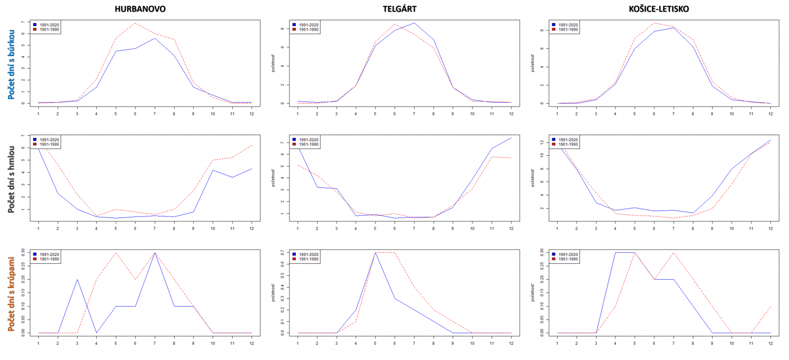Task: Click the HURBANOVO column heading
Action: [x=140, y=9]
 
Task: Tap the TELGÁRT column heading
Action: [x=399, y=9]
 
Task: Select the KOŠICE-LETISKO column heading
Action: [x=659, y=9]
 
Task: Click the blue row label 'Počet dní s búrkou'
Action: [x=11, y=65]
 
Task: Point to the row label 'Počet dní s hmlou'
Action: [x=11, y=180]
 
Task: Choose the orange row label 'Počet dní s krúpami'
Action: [x=11, y=294]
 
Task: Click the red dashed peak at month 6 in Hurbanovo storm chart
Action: [x=135, y=23]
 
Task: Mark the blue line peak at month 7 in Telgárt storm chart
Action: [x=414, y=23]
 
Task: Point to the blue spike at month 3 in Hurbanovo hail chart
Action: [x=77, y=280]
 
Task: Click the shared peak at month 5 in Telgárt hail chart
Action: [x=375, y=252]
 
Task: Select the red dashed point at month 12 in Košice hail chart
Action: [x=770, y=307]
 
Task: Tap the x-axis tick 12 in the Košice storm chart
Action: [x=770, y=114]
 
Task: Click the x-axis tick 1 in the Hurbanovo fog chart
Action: [x=38, y=228]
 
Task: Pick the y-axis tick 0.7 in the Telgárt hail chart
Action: [x=282, y=252]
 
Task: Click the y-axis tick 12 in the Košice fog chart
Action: [x=541, y=143]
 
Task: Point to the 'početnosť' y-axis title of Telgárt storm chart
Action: [x=273, y=63]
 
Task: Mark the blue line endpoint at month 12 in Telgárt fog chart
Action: [x=511, y=138]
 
